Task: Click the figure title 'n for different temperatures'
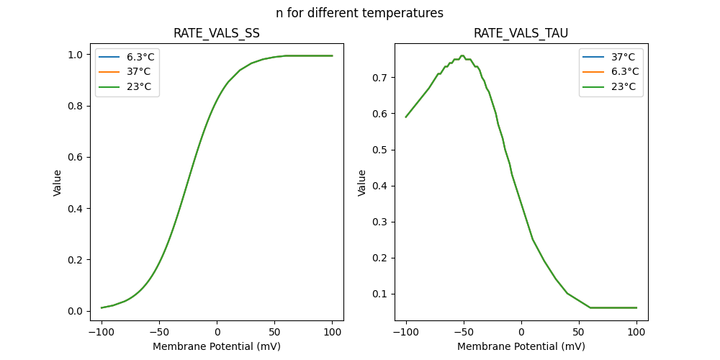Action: click(359, 13)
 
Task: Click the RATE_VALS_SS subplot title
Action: click(217, 34)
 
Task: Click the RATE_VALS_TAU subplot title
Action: click(521, 34)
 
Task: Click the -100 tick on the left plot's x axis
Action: click(102, 332)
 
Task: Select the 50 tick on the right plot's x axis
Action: click(579, 332)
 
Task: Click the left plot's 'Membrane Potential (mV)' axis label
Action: click(217, 346)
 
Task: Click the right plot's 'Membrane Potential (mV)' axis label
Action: click(521, 346)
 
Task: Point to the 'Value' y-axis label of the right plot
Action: click(362, 182)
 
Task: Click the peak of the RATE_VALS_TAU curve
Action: click(463, 55)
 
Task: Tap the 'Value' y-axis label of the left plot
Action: click(58, 182)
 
